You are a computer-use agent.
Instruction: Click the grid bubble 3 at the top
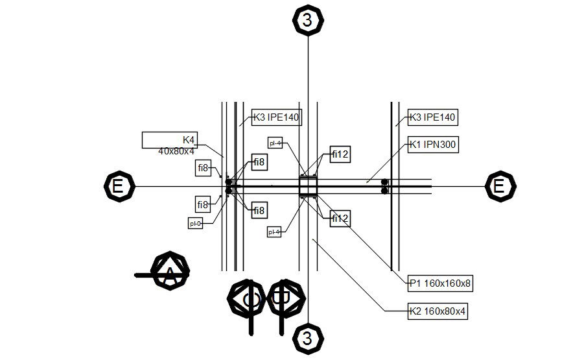[307, 20]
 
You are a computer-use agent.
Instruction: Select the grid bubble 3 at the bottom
[307, 338]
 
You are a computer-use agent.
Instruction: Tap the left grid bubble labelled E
[118, 187]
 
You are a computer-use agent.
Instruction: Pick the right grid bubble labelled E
[499, 187]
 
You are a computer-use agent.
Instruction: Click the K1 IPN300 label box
[433, 145]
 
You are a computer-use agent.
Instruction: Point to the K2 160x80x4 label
[438, 311]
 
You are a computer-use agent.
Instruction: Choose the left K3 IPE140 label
[277, 117]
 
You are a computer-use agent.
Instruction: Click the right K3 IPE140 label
[432, 117]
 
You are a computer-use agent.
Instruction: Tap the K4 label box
[170, 139]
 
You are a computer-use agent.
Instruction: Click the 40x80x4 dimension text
[176, 151]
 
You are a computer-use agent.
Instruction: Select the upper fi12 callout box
[340, 154]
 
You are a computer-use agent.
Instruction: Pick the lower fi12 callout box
[340, 219]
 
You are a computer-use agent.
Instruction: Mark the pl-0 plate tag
[196, 224]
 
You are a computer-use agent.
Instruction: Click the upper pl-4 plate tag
[275, 143]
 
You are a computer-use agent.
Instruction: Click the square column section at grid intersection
[307, 186]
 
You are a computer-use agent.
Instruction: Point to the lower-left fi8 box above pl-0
[204, 205]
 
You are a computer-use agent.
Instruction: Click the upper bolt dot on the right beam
[384, 182]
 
